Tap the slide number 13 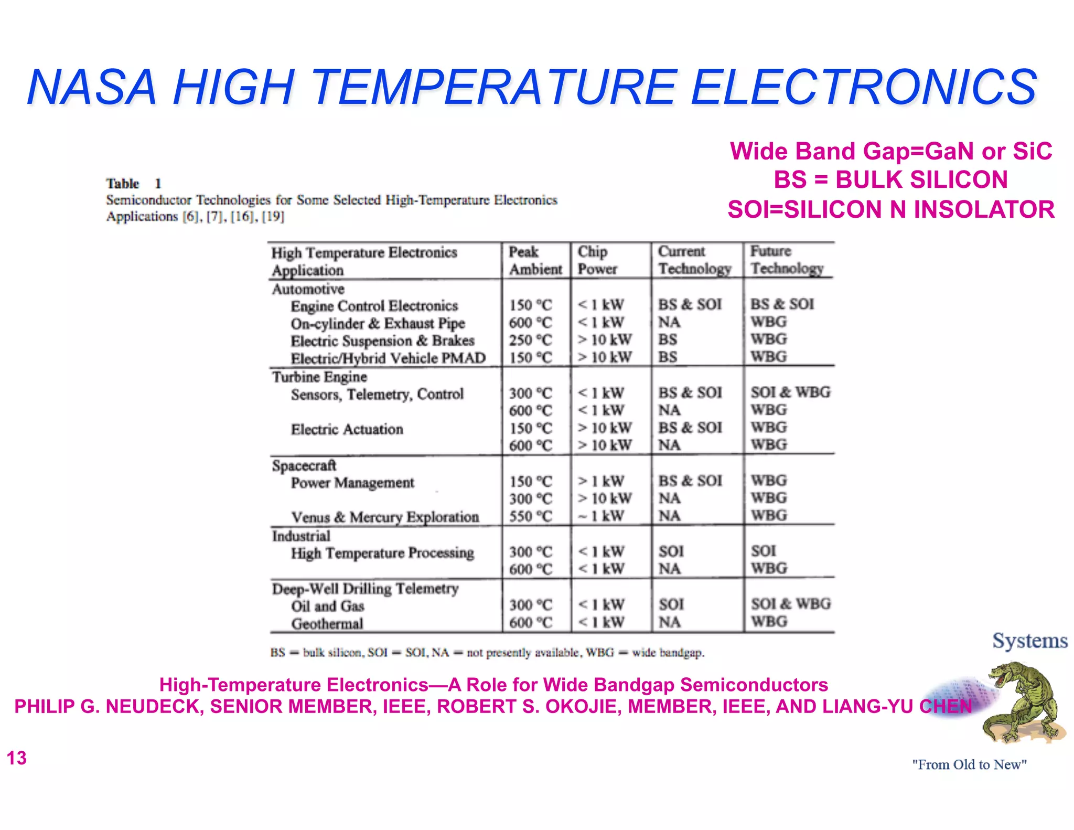point(16,758)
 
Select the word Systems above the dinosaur point(1029,641)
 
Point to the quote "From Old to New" point(969,764)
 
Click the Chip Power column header point(597,260)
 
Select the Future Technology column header point(786,260)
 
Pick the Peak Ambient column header point(534,260)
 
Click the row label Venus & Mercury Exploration point(385,517)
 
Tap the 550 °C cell point(530,516)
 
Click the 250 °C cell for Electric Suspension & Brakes point(530,340)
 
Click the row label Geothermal point(327,624)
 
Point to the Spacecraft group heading point(304,465)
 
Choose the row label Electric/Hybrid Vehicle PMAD point(388,358)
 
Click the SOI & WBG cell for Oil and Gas point(790,604)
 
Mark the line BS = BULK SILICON point(890,180)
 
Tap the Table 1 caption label point(133,184)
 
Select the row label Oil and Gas point(327,606)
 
